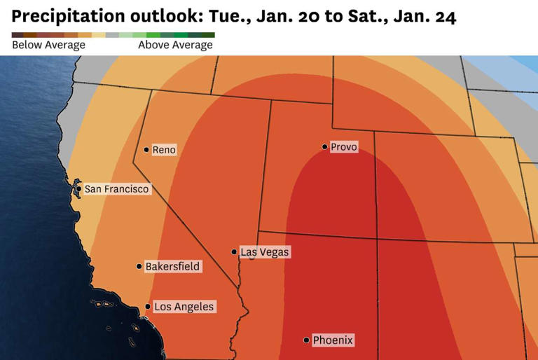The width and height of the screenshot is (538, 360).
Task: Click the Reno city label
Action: (x=165, y=150)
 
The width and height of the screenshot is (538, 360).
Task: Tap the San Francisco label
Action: (x=117, y=189)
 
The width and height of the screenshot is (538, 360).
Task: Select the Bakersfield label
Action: (x=172, y=267)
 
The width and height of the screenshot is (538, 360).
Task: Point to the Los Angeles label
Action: (x=184, y=307)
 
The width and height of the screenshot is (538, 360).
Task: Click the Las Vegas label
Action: (x=264, y=252)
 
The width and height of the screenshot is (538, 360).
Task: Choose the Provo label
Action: (x=343, y=147)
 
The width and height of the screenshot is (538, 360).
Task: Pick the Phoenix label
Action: (x=333, y=340)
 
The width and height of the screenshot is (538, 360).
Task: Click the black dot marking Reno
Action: (x=146, y=149)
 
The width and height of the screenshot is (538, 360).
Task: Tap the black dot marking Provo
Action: (x=324, y=147)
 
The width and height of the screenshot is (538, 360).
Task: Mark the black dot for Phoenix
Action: (x=306, y=340)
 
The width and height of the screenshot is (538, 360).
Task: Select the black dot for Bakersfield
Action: (x=139, y=266)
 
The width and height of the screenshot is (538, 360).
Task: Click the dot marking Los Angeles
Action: (x=148, y=307)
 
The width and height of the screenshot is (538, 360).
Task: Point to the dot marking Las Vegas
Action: (x=234, y=252)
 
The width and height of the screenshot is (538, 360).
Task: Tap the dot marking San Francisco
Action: (x=78, y=188)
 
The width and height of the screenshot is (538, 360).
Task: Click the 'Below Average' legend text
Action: (x=48, y=46)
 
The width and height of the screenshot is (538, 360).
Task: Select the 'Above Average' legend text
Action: (x=175, y=46)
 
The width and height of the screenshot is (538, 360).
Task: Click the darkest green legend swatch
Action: (x=209, y=34)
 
